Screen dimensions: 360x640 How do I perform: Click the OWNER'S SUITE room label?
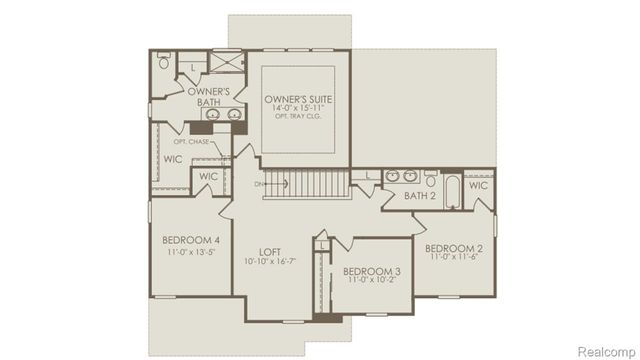pyautogui.click(x=299, y=100)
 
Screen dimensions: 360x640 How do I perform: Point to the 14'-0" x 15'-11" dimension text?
pyautogui.click(x=299, y=109)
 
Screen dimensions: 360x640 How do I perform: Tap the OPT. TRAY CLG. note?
pyautogui.click(x=299, y=117)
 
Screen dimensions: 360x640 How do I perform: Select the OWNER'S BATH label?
pyautogui.click(x=210, y=97)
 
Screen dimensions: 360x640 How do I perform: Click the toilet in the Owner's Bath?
pyautogui.click(x=164, y=62)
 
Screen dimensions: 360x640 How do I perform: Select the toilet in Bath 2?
pyautogui.click(x=430, y=182)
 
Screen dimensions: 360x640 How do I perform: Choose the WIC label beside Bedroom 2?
pyautogui.click(x=478, y=186)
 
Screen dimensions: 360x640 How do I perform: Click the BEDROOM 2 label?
pyautogui.click(x=454, y=248)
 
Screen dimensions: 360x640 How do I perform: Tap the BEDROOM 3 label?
pyautogui.click(x=372, y=271)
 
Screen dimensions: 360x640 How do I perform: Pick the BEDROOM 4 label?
pyautogui.click(x=191, y=240)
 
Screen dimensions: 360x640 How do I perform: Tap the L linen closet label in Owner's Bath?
pyautogui.click(x=192, y=67)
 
